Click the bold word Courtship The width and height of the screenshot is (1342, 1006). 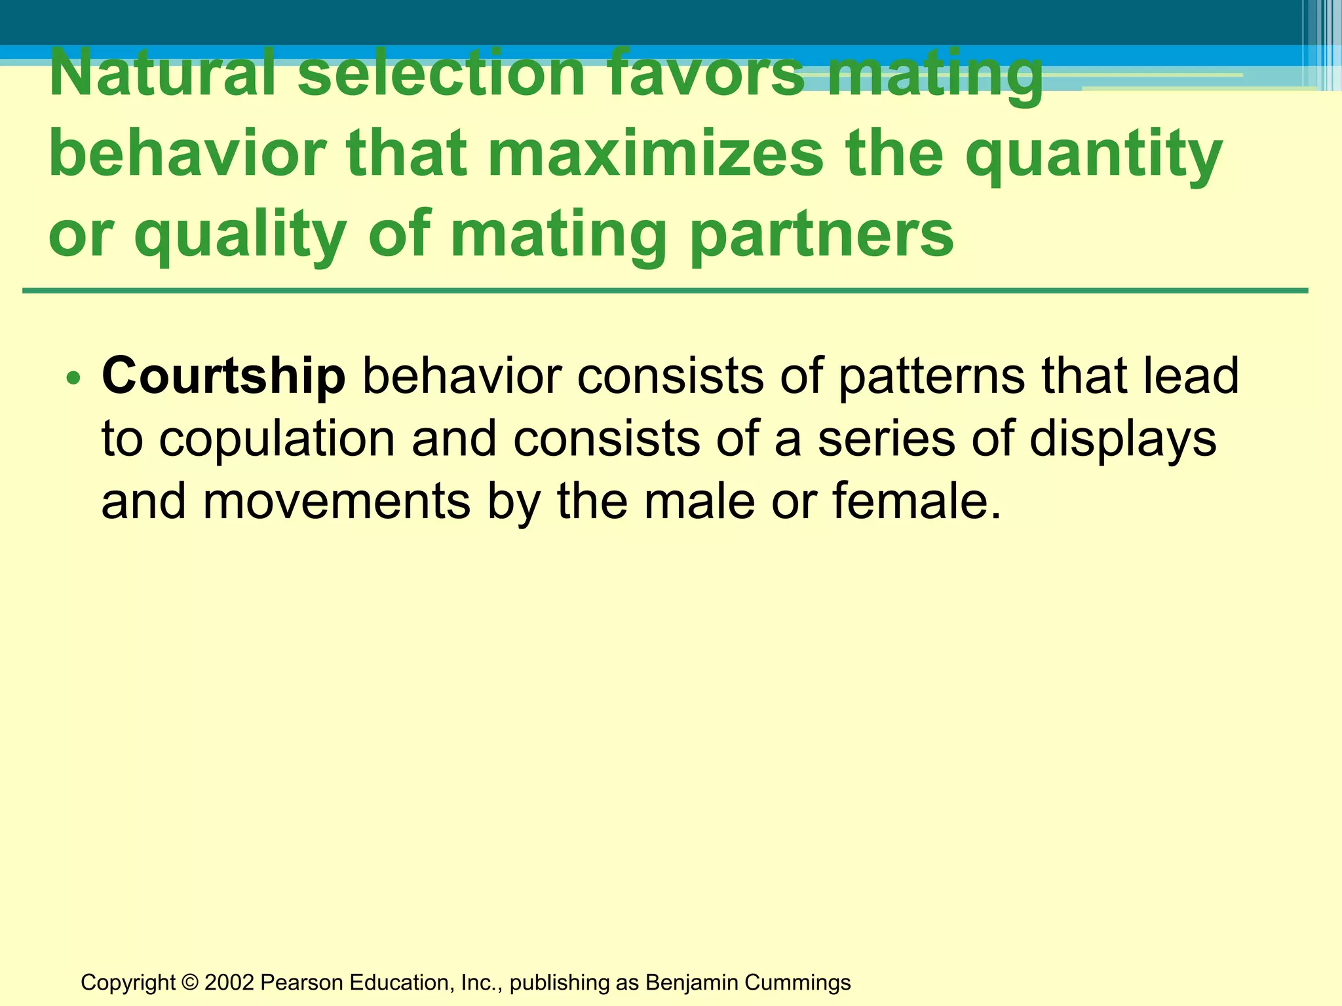(223, 377)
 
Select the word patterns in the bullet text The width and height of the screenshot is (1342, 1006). (931, 377)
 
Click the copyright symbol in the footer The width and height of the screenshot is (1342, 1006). (190, 982)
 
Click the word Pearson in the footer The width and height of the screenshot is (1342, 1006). (301, 982)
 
